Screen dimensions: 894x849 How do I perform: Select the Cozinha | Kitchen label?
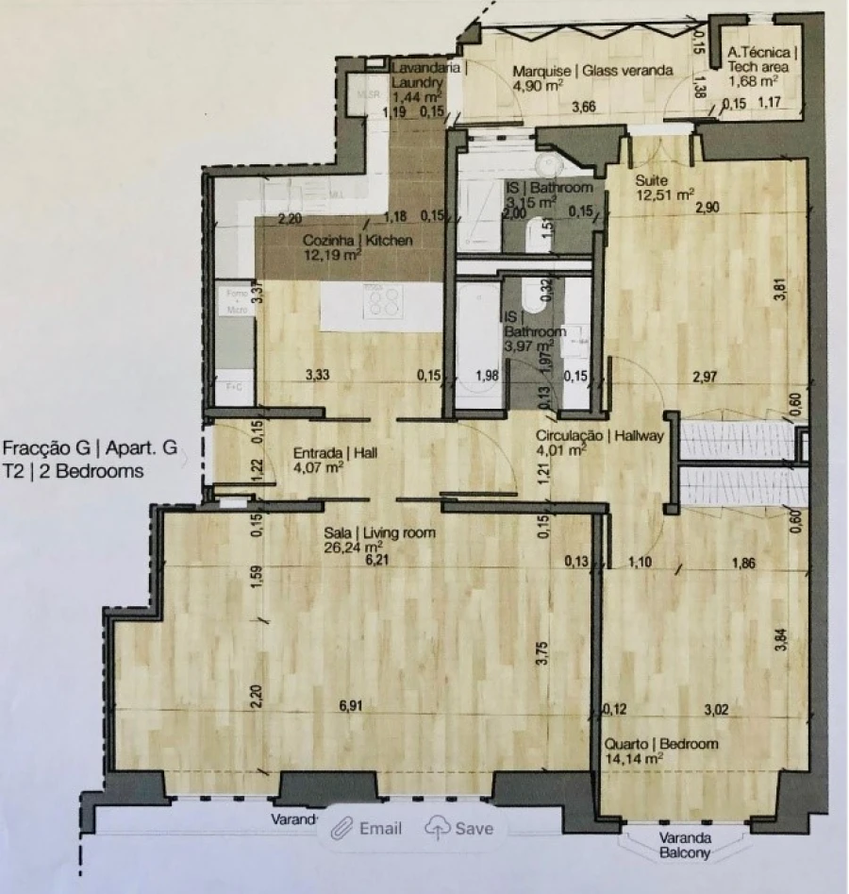click(x=358, y=242)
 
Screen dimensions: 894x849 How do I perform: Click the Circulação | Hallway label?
click(x=600, y=436)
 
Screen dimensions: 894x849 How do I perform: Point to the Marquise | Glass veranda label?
click(x=592, y=70)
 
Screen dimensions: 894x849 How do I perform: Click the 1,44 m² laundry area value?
click(x=417, y=95)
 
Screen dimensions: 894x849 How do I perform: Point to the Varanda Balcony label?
click(x=673, y=849)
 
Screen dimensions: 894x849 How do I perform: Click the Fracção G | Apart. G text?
click(x=90, y=449)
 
